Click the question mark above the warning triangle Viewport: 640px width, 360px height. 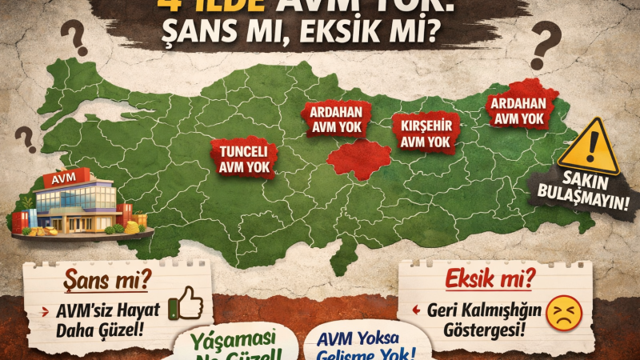coord(545,46)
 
